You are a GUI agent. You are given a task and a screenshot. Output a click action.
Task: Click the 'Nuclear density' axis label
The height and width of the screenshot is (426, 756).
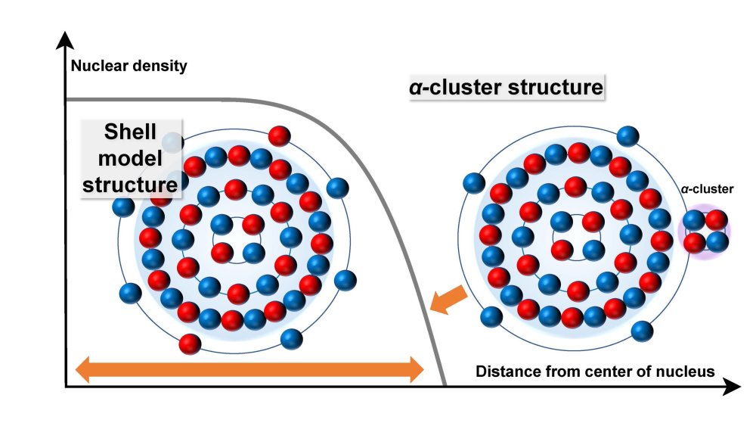tap(129, 66)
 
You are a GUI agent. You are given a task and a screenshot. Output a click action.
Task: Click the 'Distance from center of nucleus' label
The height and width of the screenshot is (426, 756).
tap(594, 372)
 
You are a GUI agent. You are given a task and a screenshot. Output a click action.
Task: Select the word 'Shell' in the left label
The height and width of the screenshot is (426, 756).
tap(129, 132)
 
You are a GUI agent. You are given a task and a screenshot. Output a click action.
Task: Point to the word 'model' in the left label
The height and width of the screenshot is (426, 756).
tap(129, 157)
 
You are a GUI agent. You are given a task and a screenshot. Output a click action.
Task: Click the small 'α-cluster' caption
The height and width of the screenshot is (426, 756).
tap(708, 190)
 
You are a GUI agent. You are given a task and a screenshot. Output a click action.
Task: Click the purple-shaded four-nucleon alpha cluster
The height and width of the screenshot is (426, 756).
tap(705, 231)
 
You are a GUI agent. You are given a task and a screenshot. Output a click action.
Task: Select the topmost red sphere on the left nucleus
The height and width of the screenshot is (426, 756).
tap(280, 136)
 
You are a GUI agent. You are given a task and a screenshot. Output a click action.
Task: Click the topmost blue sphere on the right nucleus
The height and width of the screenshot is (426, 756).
tap(627, 136)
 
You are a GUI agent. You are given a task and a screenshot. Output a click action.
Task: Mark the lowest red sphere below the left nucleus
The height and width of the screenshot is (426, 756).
tap(190, 344)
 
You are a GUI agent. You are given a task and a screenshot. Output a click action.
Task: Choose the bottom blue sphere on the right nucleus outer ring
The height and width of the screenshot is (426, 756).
tap(641, 330)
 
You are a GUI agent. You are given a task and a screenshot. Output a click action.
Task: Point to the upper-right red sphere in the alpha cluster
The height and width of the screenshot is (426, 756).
tap(717, 220)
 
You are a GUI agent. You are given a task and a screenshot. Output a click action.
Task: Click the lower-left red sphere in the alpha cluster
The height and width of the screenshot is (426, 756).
tap(694, 242)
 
